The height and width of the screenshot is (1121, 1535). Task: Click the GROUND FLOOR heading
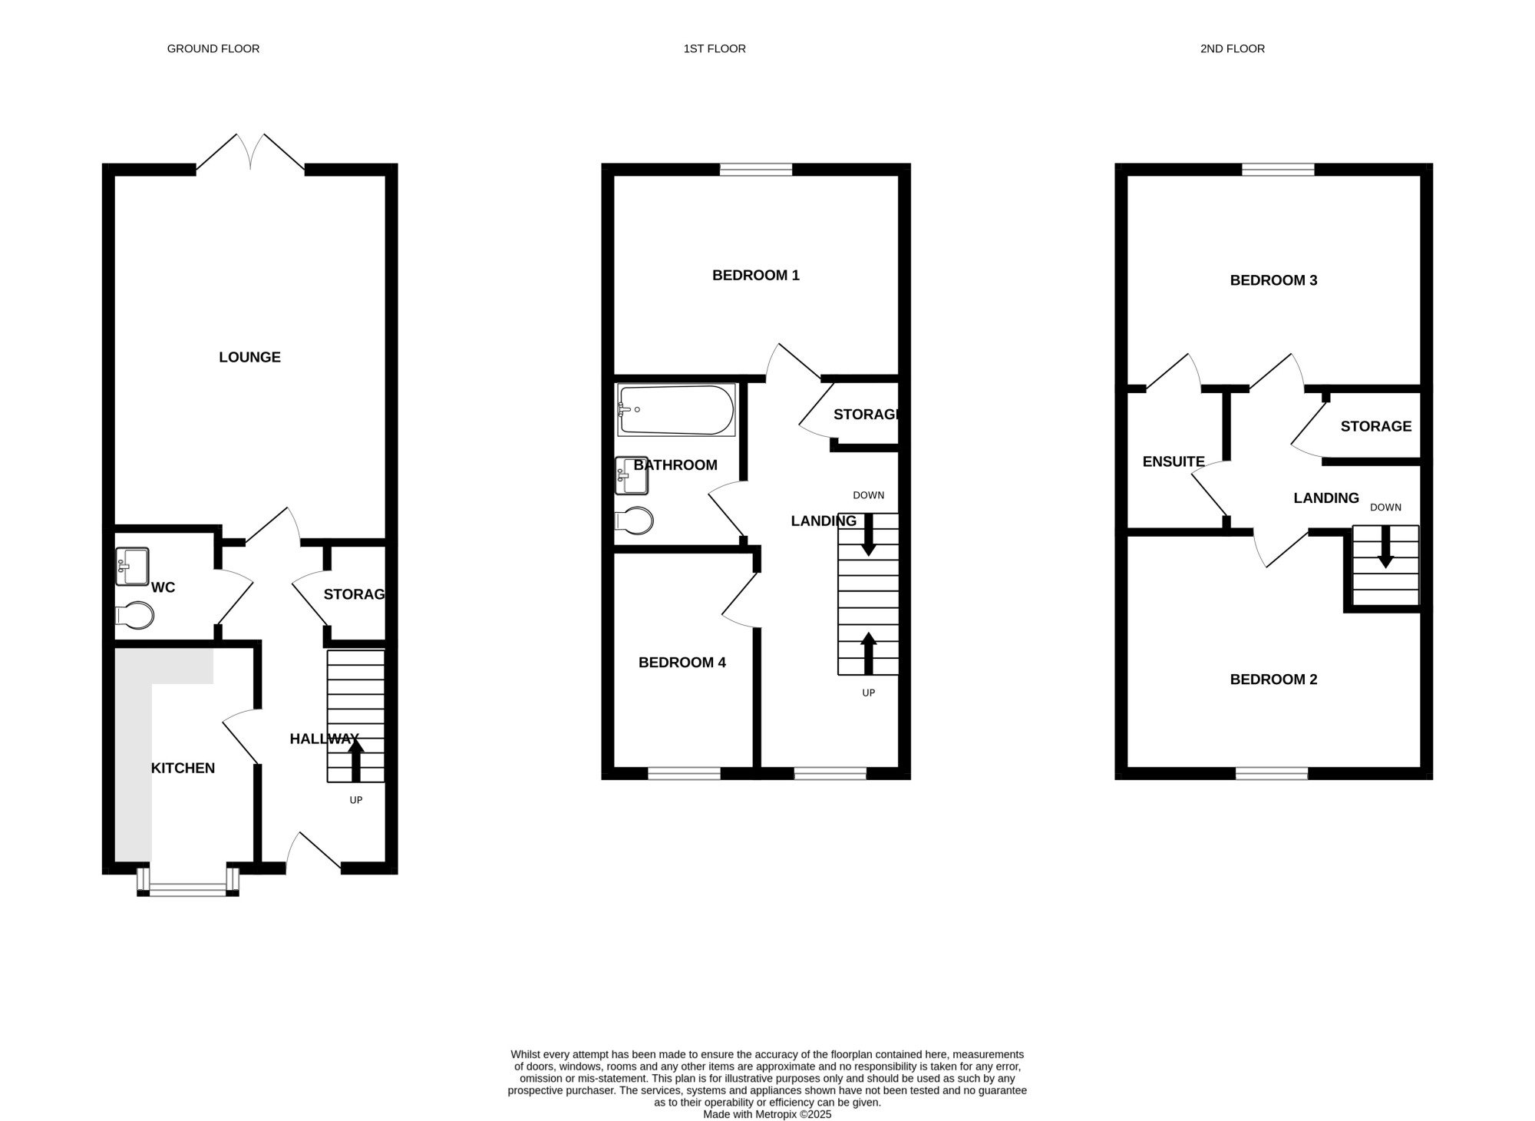213,48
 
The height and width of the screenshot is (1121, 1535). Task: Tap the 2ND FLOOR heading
1233,48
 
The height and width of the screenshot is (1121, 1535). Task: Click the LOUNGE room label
250,357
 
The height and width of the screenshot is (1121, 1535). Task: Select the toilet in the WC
134,615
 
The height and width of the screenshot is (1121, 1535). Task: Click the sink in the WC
132,567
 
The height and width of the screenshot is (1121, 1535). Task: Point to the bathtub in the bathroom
676,410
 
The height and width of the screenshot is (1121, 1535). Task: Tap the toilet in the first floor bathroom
634,521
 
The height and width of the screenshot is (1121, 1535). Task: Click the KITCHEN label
183,768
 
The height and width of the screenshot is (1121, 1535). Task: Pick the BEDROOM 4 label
682,663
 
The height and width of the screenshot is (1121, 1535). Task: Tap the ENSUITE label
1174,461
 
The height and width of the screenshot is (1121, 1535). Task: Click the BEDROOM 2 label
1274,680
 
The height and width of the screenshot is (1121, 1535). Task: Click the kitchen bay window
188,881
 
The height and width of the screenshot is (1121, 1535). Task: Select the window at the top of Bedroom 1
756,170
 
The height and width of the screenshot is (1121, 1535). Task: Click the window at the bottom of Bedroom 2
1272,774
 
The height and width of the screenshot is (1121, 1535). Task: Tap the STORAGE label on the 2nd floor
1376,426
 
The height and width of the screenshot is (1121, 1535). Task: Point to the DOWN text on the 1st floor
869,495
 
